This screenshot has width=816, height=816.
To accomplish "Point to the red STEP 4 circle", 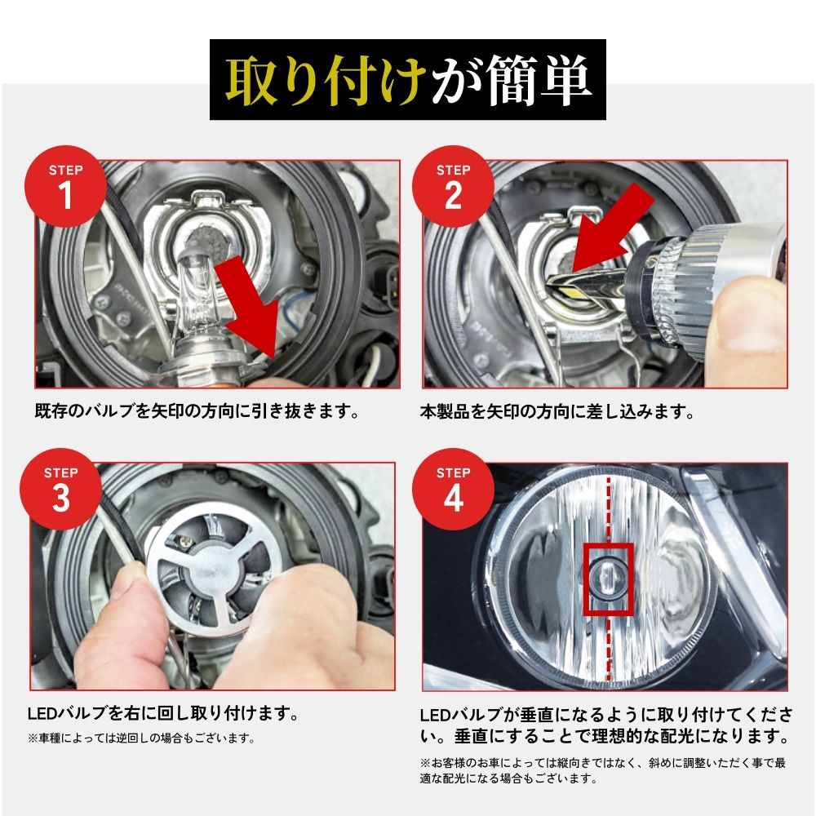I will coord(453,488).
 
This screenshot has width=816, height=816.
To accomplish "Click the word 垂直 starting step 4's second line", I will coord(467,738).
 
